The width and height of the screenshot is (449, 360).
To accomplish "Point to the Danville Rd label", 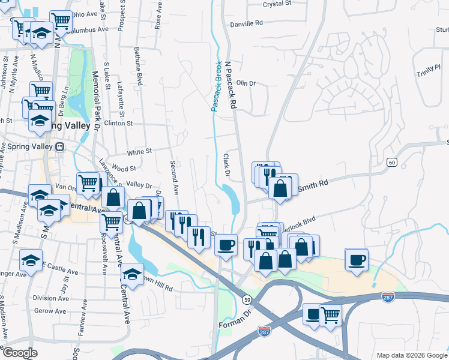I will (x=247, y=23).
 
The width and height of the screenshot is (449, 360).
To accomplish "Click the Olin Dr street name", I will (x=246, y=83).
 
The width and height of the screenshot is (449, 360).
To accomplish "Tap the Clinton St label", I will (x=118, y=123).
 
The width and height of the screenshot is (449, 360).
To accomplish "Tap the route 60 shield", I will (x=391, y=163).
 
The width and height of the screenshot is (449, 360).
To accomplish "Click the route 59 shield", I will (x=247, y=299).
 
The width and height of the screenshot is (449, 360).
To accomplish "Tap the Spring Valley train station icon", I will (x=59, y=146).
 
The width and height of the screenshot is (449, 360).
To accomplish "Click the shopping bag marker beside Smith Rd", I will (x=280, y=188).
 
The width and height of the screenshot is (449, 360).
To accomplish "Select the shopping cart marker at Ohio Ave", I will (x=61, y=21).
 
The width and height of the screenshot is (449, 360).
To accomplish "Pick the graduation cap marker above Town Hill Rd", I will (x=131, y=275).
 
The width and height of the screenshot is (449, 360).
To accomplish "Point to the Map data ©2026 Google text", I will (x=411, y=355).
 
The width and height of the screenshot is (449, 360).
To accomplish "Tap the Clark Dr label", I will (x=227, y=165).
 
